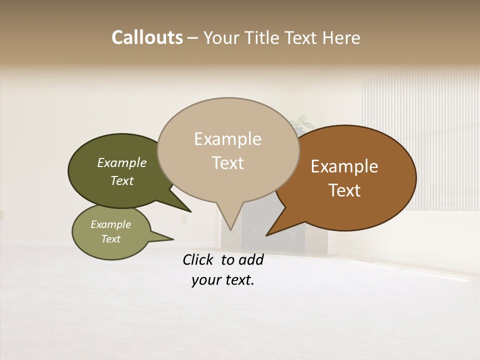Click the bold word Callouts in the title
pyautogui.click(x=147, y=37)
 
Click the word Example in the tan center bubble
pyautogui.click(x=227, y=139)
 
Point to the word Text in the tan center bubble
pyautogui.click(x=227, y=162)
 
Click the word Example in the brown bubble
pyautogui.click(x=344, y=166)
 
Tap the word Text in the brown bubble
pyautogui.click(x=344, y=190)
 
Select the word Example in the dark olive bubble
pyautogui.click(x=122, y=162)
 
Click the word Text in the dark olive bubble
pyautogui.click(x=122, y=180)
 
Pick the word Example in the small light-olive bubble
pyautogui.click(x=111, y=224)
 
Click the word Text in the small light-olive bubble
pyautogui.click(x=111, y=239)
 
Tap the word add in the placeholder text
pyautogui.click(x=251, y=259)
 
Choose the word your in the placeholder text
pyautogui.click(x=206, y=280)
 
